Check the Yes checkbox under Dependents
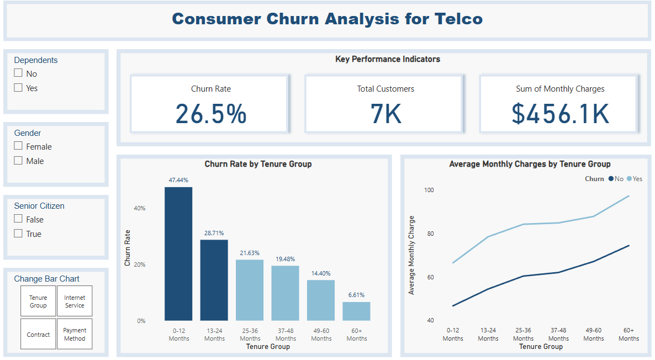18,88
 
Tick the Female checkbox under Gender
18,146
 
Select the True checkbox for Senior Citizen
18,234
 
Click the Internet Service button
75,301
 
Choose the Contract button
38,334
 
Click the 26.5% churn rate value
210,114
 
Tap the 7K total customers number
385,114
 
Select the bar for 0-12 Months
178,254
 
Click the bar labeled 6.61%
356,311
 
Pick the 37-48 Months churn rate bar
285,293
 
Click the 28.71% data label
214,233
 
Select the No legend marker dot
611,179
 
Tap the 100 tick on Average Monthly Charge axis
429,190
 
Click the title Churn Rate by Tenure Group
258,164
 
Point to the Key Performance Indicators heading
387,59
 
